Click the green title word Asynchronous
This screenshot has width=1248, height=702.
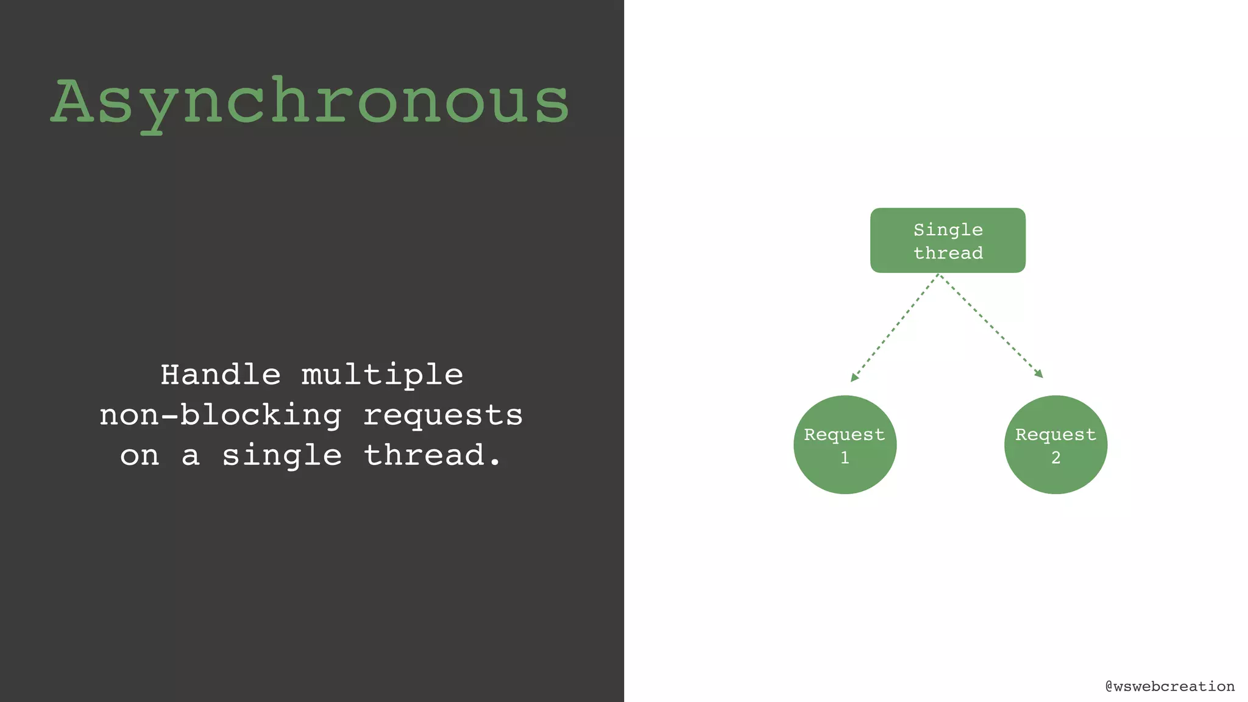tap(311, 102)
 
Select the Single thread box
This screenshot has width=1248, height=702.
tap(948, 240)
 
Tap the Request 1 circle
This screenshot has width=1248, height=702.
tap(845, 444)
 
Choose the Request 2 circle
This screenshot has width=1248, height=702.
tap(1055, 444)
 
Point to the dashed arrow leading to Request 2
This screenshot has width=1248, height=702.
tap(991, 326)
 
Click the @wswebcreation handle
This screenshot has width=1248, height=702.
tap(1169, 686)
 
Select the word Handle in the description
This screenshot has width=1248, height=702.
tap(221, 374)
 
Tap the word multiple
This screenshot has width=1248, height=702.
tap(382, 375)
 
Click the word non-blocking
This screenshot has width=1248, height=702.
tap(221, 415)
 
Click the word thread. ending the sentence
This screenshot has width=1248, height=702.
tap(432, 455)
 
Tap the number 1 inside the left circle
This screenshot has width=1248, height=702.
tap(845, 458)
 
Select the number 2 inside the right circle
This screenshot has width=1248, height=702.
tap(1055, 458)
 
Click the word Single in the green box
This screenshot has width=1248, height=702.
tap(948, 230)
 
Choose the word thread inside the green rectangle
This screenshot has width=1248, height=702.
tap(948, 252)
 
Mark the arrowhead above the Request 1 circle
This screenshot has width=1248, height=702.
tap(854, 378)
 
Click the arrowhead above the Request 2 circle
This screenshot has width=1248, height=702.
tap(1039, 374)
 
